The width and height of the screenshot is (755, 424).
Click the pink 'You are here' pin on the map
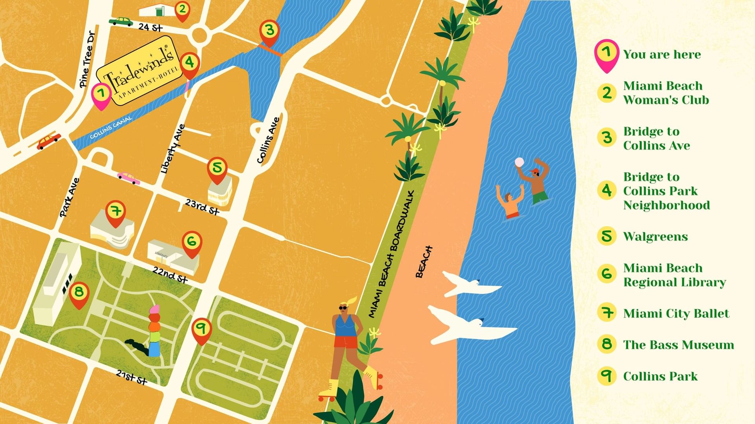pyautogui.click(x=101, y=95)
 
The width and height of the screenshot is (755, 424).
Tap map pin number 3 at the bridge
pyautogui.click(x=269, y=31)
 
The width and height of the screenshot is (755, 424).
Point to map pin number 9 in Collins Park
pyautogui.click(x=201, y=329)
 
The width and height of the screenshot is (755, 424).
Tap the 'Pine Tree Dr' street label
pyautogui.click(x=88, y=59)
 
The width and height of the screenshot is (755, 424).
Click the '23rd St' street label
pyautogui.click(x=202, y=207)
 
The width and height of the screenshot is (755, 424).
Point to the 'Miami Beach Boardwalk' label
pyautogui.click(x=391, y=254)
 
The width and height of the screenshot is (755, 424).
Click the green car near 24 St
pyautogui.click(x=121, y=21)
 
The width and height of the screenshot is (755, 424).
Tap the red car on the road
pyautogui.click(x=48, y=141)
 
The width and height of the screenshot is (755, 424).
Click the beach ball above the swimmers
pyautogui.click(x=519, y=162)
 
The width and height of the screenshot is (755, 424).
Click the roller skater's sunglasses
pyautogui.click(x=343, y=307)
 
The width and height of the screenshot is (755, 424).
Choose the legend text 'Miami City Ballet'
pyautogui.click(x=676, y=313)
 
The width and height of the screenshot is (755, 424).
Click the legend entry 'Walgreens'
pyautogui.click(x=656, y=236)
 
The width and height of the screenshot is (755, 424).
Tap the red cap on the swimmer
pyautogui.click(x=535, y=171)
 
